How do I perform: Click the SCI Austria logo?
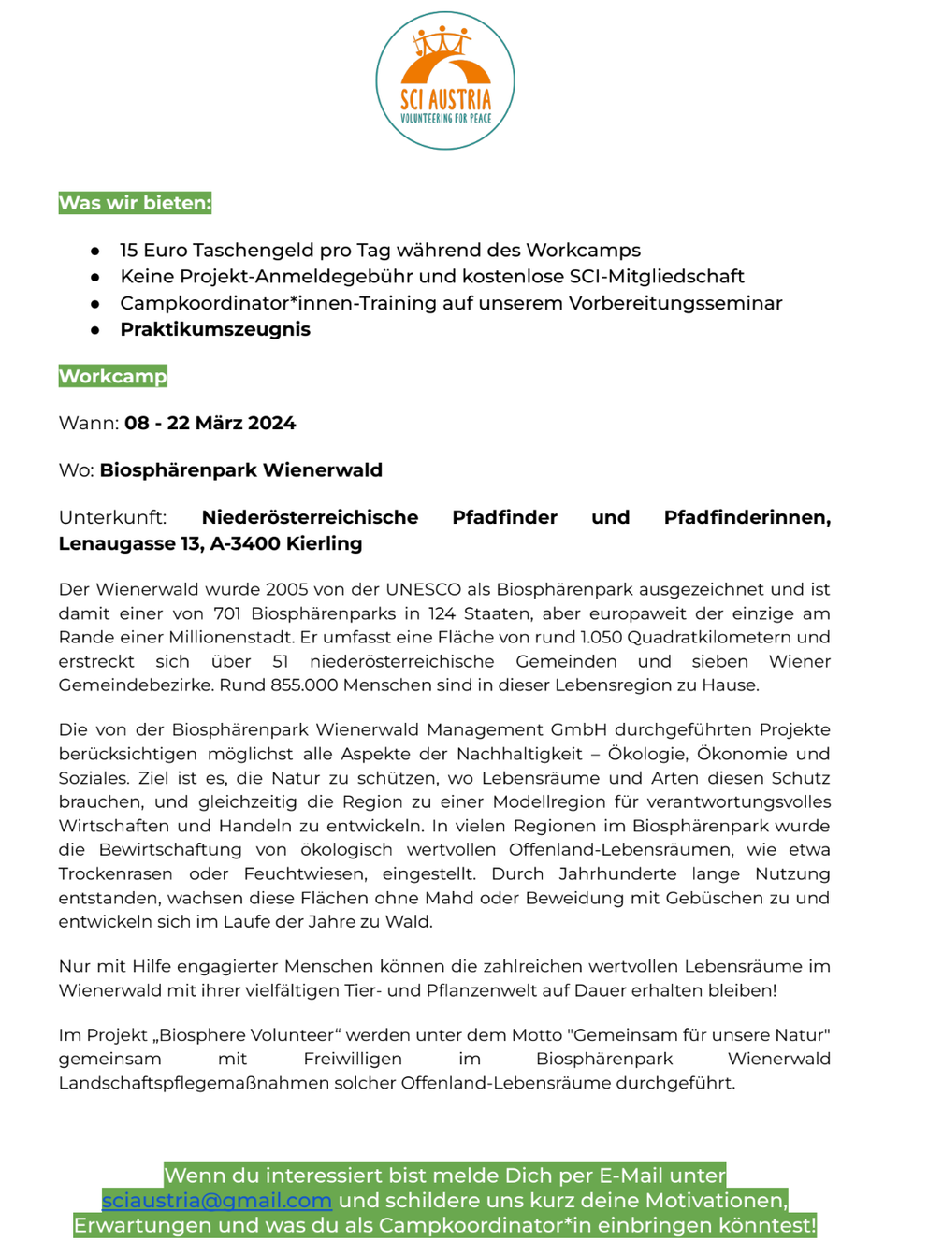[445, 80]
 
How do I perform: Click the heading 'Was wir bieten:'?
[135, 203]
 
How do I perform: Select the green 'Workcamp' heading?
[112, 376]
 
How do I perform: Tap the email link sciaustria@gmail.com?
[217, 1200]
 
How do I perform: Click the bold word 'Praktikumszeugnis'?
[215, 329]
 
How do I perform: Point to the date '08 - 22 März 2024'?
[210, 423]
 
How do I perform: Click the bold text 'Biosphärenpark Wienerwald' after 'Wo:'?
[241, 469]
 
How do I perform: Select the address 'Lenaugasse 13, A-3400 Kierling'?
[210, 543]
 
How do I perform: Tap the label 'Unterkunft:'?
[112, 517]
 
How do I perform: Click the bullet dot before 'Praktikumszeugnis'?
[95, 330]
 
